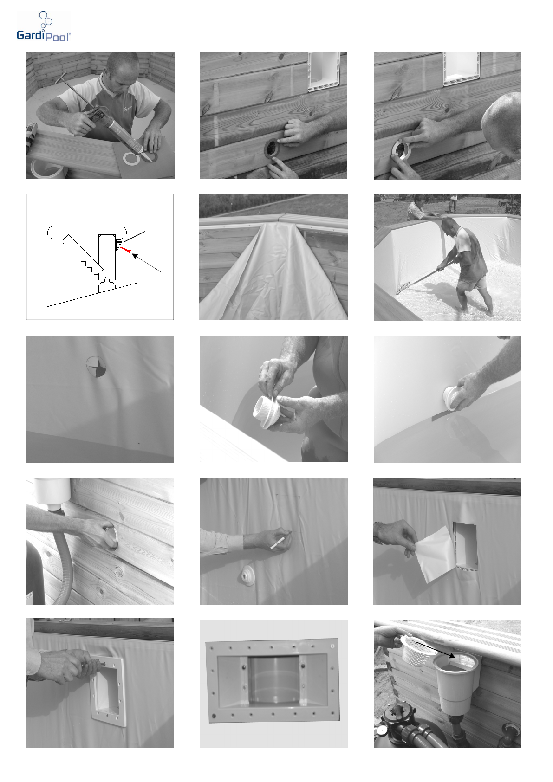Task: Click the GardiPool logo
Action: tap(44, 26)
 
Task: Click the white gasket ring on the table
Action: tap(131, 159)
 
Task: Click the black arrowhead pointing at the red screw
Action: tap(135, 256)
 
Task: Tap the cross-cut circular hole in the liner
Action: tap(96, 367)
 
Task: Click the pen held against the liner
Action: tap(280, 542)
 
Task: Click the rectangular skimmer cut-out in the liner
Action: tap(465, 546)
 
